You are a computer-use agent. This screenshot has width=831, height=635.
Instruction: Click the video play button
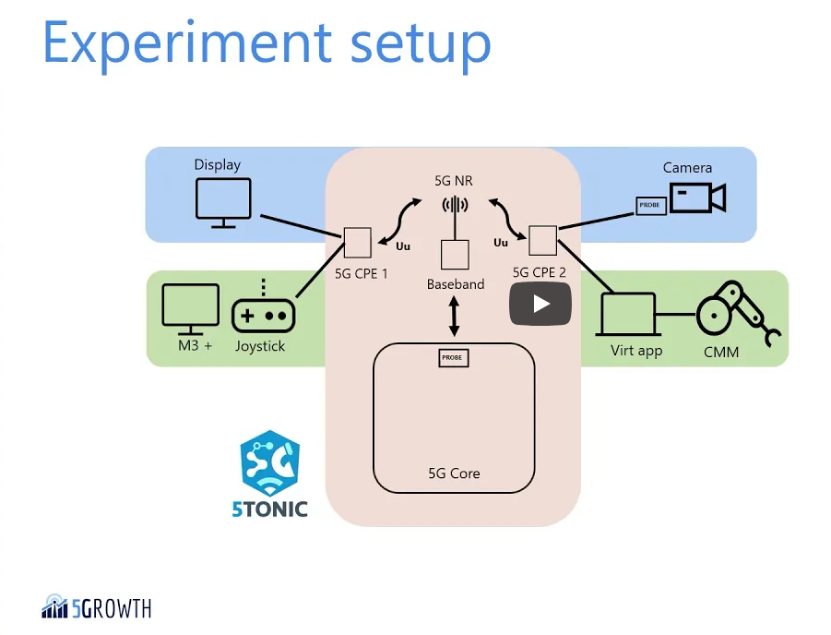tap(540, 304)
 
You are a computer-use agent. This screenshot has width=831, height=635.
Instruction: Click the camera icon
tap(697, 198)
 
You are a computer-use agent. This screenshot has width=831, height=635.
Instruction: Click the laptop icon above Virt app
tap(628, 316)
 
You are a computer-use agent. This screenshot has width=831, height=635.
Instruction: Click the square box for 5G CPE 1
tap(357, 243)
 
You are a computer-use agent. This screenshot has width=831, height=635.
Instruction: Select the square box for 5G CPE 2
tap(542, 241)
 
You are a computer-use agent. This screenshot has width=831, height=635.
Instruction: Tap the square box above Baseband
tap(455, 255)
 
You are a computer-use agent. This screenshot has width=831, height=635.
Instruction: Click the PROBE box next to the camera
tap(650, 205)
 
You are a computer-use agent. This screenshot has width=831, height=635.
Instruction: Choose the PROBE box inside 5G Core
tap(454, 357)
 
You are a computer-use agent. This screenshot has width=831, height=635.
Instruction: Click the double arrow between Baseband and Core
tap(454, 317)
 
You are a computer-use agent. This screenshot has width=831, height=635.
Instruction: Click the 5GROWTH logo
tap(97, 607)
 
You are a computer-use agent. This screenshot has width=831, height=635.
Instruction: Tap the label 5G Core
tap(454, 473)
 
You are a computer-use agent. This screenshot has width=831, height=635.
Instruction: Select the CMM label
tap(721, 352)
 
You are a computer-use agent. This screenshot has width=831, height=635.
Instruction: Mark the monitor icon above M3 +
tap(191, 308)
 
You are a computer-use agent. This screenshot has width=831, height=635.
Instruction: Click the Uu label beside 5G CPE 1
tap(403, 246)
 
